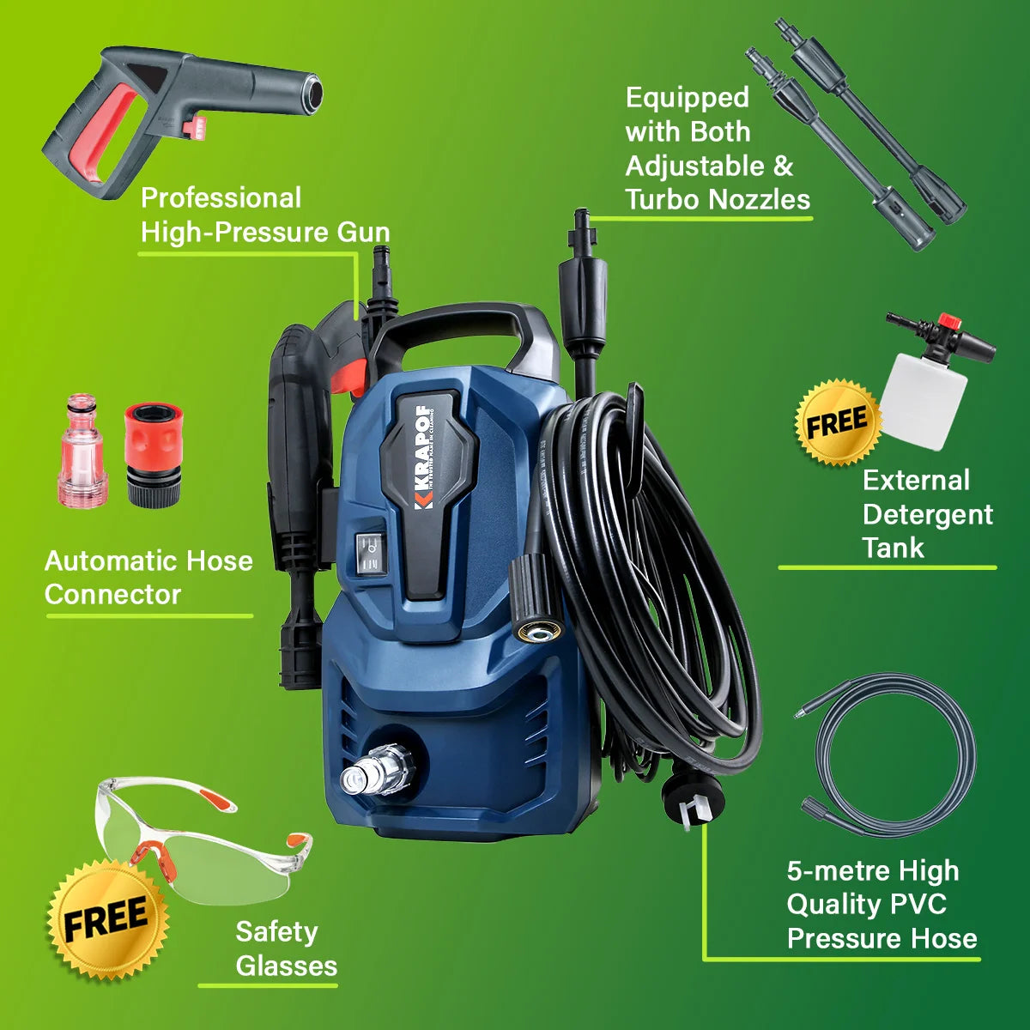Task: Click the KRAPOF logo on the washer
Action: click(424, 457)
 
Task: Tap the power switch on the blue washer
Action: click(370, 554)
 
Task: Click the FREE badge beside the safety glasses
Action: click(108, 918)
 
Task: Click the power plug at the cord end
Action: click(692, 800)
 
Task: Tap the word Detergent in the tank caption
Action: click(928, 514)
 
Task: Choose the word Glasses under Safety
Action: click(287, 966)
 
